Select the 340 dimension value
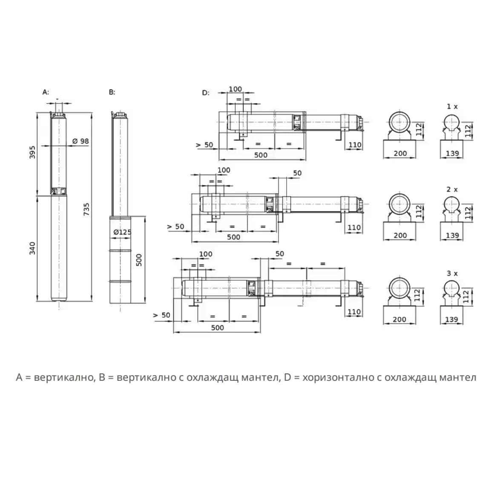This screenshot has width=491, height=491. tap(32, 248)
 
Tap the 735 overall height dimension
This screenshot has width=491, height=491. tap(86, 209)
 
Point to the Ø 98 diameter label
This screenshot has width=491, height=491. tap(80, 141)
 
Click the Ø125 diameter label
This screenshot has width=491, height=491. tap(122, 233)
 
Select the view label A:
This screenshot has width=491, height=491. tap(46, 92)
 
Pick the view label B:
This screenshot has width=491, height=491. tap(112, 92)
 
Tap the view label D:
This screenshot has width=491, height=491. tap(206, 93)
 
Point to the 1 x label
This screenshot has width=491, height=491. tap(452, 106)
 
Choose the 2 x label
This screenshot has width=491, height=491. tap(452, 189)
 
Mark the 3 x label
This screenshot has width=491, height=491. tap(452, 273)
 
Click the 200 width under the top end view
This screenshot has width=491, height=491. tap(400, 153)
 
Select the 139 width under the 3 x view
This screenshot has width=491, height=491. tap(451, 319)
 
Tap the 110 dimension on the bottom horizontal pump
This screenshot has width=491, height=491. tap(354, 312)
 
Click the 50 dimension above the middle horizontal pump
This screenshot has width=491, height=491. tap(297, 173)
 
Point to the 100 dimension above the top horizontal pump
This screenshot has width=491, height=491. tap(235, 89)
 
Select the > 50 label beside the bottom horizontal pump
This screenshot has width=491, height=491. tap(162, 315)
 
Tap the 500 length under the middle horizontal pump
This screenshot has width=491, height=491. tap(233, 237)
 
